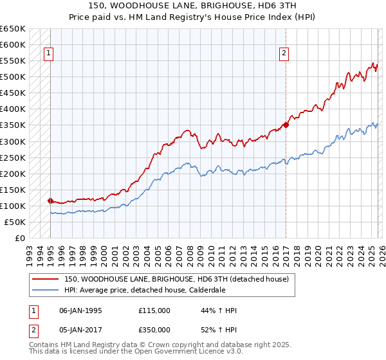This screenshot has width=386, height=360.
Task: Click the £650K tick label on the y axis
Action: pos(13,29)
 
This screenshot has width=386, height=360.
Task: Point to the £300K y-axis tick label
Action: pos(13,141)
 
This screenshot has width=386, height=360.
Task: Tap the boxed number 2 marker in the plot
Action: pos(284,54)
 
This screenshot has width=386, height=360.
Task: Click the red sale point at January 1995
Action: pos(50,201)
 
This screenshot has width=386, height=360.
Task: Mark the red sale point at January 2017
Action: pos(286,125)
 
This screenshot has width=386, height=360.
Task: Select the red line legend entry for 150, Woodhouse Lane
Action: pos(179,279)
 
